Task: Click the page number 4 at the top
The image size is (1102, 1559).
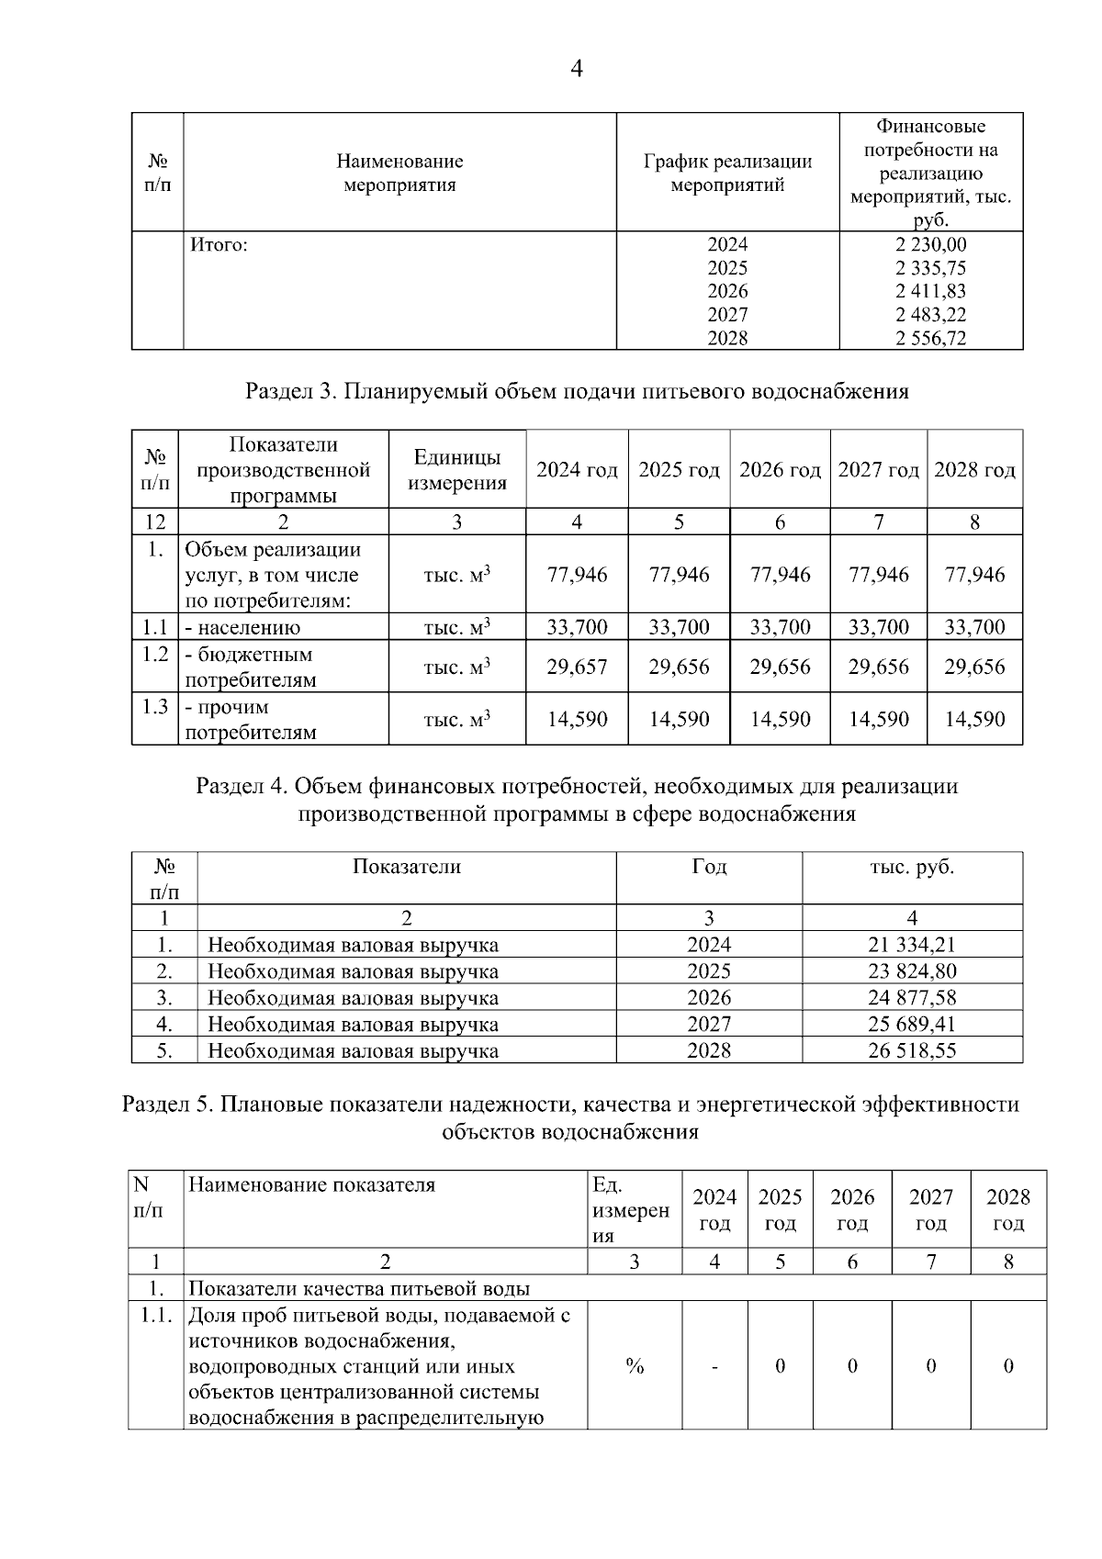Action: [x=576, y=70]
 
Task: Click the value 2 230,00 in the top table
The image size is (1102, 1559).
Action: [x=930, y=244]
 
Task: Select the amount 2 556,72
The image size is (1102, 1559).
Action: [x=930, y=338]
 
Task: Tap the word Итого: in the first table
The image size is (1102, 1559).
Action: [x=219, y=245]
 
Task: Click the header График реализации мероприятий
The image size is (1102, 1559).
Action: [x=727, y=173]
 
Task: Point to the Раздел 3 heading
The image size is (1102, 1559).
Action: [x=577, y=391]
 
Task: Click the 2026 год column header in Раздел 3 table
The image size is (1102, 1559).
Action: [x=780, y=470]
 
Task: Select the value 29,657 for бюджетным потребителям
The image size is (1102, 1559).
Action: [x=577, y=667]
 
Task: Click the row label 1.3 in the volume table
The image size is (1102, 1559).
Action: [x=155, y=706]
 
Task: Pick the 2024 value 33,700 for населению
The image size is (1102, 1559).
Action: [x=577, y=627]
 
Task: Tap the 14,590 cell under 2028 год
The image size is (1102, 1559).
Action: [x=974, y=719]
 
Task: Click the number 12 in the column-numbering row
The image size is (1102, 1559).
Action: [x=155, y=522]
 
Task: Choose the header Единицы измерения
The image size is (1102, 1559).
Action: [x=456, y=470]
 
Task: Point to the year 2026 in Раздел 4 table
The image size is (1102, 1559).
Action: [x=708, y=997]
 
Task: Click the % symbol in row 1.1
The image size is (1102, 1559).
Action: [x=634, y=1366]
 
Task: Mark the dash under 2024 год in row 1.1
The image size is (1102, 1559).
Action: [x=714, y=1367]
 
